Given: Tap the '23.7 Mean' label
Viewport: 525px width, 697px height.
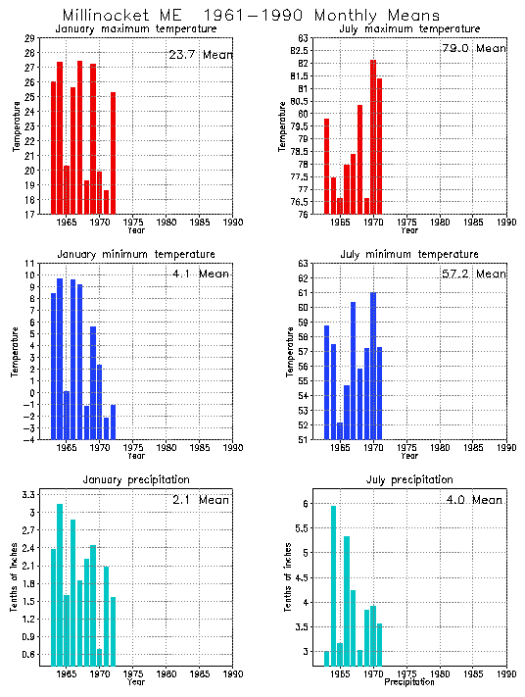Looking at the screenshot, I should tap(200, 55).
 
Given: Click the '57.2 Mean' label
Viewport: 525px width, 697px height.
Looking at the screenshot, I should tap(473, 274).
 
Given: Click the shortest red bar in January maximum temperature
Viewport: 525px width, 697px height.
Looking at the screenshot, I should tap(107, 201).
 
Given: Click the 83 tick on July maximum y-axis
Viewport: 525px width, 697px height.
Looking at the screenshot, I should tap(304, 38).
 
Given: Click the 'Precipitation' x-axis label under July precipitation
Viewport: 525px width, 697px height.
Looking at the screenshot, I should tap(409, 681).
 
